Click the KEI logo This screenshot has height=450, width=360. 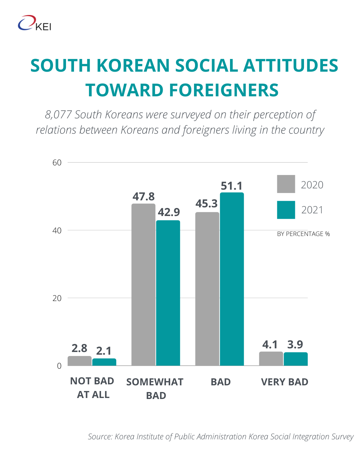point(35,23)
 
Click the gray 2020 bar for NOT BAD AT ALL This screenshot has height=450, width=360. point(80,361)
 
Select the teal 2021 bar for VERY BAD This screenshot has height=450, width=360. point(296,359)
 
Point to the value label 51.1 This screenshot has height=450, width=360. point(232,186)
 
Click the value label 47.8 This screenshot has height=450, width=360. point(143,197)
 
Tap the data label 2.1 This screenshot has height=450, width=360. point(104,351)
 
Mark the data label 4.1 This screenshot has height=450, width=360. point(270,344)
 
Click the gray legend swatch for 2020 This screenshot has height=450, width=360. point(286,184)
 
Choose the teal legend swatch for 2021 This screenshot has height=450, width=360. point(286,210)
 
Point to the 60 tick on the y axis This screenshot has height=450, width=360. point(57,163)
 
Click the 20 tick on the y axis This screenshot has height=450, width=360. point(57,298)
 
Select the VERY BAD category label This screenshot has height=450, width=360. point(285,382)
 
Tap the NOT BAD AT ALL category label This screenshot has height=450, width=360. point(92,388)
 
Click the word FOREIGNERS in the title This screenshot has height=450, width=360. point(224,90)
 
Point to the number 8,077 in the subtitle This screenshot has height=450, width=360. point(58,115)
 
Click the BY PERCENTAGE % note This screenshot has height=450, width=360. point(303,234)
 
